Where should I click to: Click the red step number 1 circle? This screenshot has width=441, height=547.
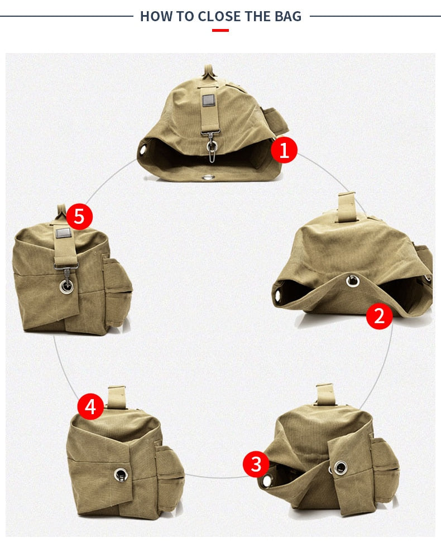tap(284, 150)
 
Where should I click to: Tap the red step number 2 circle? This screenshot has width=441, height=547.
tap(379, 316)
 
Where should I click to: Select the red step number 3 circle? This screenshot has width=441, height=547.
tap(256, 464)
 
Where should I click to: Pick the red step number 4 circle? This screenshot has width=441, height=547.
tap(90, 407)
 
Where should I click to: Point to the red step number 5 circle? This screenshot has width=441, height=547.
tap(79, 216)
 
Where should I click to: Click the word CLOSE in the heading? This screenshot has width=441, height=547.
tap(213, 16)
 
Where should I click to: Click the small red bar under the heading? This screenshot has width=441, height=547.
tap(220, 30)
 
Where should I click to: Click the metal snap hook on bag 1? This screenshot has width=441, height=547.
tap(212, 147)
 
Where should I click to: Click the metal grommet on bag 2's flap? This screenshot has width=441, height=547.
tap(352, 281)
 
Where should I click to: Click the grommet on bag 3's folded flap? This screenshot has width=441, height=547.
tap(340, 467)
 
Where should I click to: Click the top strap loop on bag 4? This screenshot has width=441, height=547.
tap(117, 397)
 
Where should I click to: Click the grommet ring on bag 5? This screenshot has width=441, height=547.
tap(66, 286)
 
